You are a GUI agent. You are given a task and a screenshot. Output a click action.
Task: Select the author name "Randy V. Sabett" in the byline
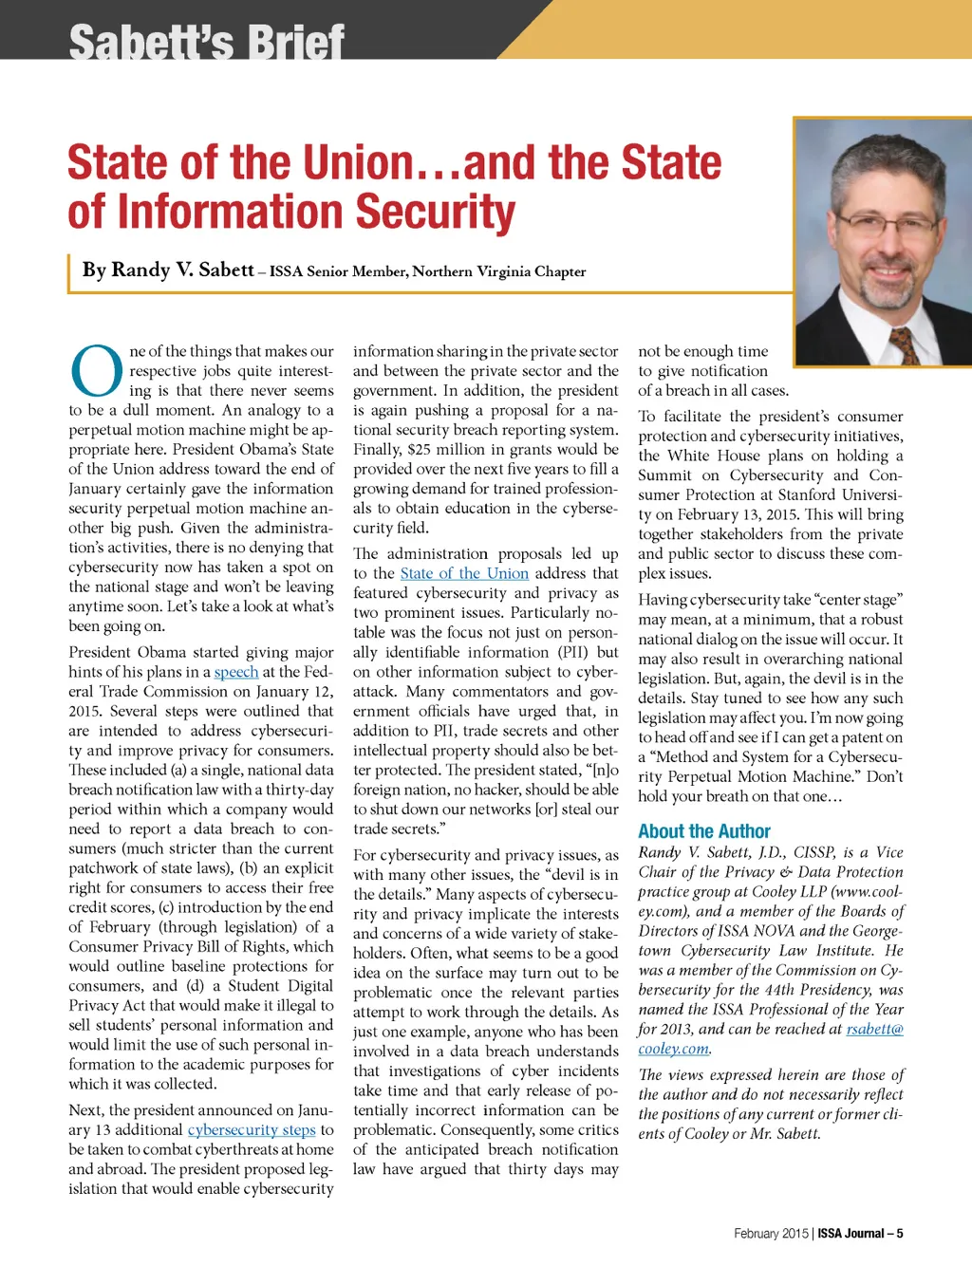[168, 270]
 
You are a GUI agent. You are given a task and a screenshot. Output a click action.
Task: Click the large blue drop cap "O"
[97, 371]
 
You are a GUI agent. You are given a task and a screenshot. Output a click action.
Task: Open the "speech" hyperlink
[236, 672]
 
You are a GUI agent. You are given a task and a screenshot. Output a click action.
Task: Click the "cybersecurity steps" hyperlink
[252, 1130]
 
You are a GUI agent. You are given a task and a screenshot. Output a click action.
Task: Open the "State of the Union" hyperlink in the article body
[464, 573]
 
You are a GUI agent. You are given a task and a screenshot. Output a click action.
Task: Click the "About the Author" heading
[704, 831]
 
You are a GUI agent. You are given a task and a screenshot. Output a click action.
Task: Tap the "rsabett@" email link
[875, 1029]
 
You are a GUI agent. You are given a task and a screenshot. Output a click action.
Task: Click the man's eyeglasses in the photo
[884, 225]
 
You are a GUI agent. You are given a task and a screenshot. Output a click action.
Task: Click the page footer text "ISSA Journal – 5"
[860, 1234]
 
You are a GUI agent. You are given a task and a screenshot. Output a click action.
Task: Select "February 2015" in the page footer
[771, 1234]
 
